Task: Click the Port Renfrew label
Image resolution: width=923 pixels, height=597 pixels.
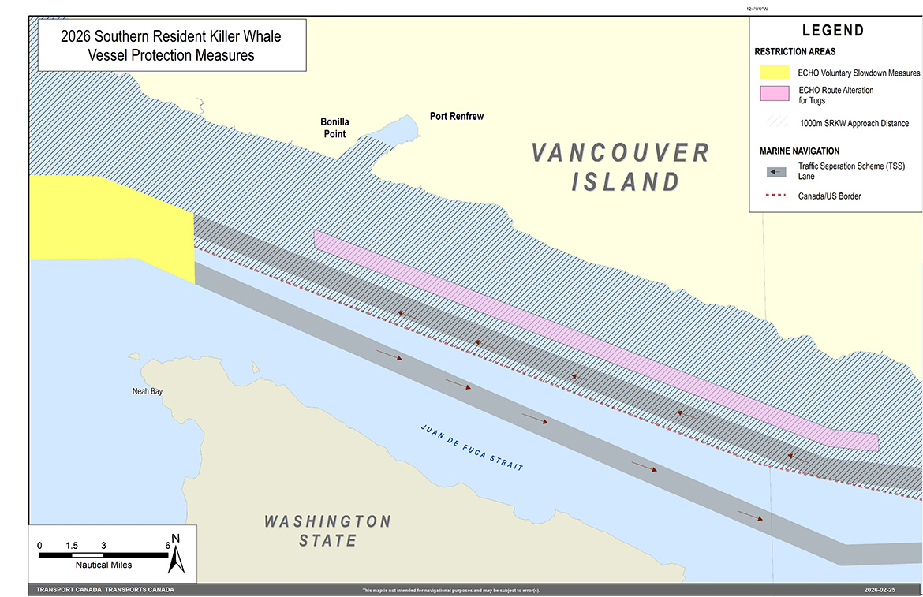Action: tap(456, 116)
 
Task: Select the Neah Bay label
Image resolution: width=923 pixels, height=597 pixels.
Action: tap(147, 391)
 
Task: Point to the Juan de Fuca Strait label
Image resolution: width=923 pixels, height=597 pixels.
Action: tap(472, 448)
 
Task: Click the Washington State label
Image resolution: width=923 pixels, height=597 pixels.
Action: tap(327, 531)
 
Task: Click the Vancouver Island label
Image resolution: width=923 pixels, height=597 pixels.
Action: tap(620, 166)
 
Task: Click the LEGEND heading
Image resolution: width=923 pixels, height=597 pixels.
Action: tap(832, 31)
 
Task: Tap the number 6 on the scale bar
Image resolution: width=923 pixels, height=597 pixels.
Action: tap(168, 546)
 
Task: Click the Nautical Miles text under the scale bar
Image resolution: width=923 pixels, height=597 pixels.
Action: tap(103, 565)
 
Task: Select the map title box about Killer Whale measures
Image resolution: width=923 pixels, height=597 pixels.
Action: tap(170, 46)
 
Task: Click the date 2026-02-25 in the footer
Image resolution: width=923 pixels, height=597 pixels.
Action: tap(882, 590)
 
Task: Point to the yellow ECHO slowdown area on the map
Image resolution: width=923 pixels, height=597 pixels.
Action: tap(110, 225)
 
